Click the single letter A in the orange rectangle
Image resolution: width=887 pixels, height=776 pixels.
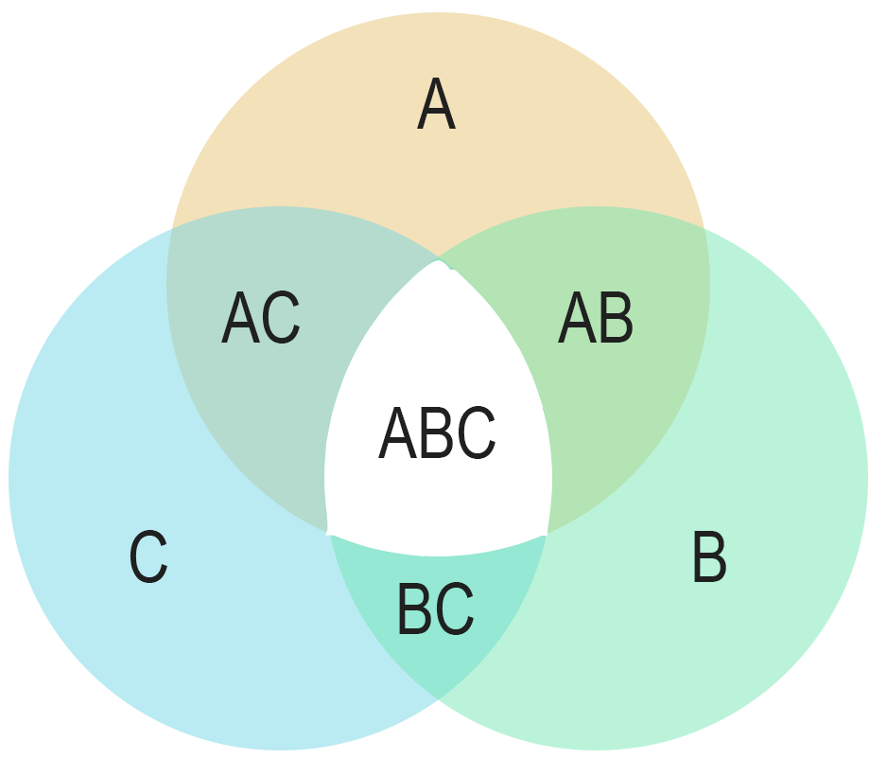436,106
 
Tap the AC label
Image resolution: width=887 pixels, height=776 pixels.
261,319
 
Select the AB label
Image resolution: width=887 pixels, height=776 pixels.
596,319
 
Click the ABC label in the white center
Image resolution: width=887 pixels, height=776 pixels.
437,434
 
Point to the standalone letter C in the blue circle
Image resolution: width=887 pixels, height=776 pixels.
148,557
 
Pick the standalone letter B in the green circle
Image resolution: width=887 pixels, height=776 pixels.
709,557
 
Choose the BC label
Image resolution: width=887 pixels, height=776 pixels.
436,610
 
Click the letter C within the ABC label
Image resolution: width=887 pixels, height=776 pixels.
476,434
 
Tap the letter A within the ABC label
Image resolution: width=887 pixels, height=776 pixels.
397,434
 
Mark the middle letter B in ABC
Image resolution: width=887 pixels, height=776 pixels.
437,434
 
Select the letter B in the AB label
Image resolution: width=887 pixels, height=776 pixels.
616,319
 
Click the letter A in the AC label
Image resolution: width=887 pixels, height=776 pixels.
240,319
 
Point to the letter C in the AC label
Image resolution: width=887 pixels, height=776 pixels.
282,319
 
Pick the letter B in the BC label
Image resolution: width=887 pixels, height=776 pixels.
415,610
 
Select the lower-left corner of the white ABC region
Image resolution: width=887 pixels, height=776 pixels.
328,533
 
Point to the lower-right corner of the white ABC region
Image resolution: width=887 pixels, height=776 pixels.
548,534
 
